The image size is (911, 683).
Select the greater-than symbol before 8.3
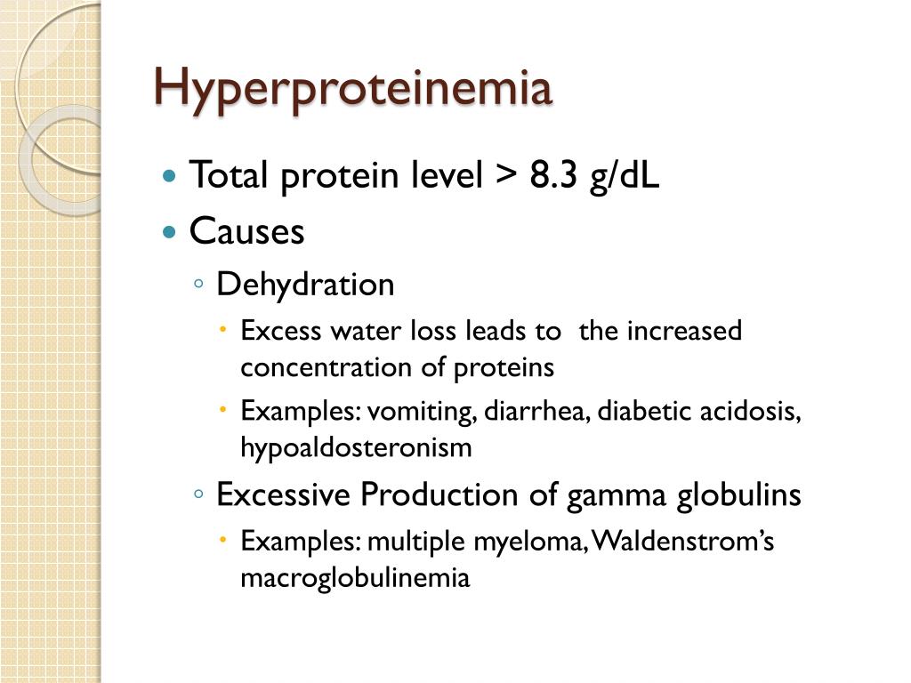pyautogui.click(x=505, y=176)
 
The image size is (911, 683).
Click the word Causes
pyautogui.click(x=247, y=232)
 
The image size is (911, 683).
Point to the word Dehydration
pyautogui.click(x=305, y=285)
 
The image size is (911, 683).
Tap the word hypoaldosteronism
pyautogui.click(x=356, y=448)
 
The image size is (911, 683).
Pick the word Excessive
pyautogui.click(x=283, y=494)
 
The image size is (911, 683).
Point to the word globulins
pyautogui.click(x=738, y=494)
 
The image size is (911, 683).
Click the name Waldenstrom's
pyautogui.click(x=683, y=541)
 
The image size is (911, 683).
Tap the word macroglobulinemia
pyautogui.click(x=354, y=578)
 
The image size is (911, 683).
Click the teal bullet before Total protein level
pyautogui.click(x=171, y=175)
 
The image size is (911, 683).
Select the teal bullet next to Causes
pyautogui.click(x=171, y=232)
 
